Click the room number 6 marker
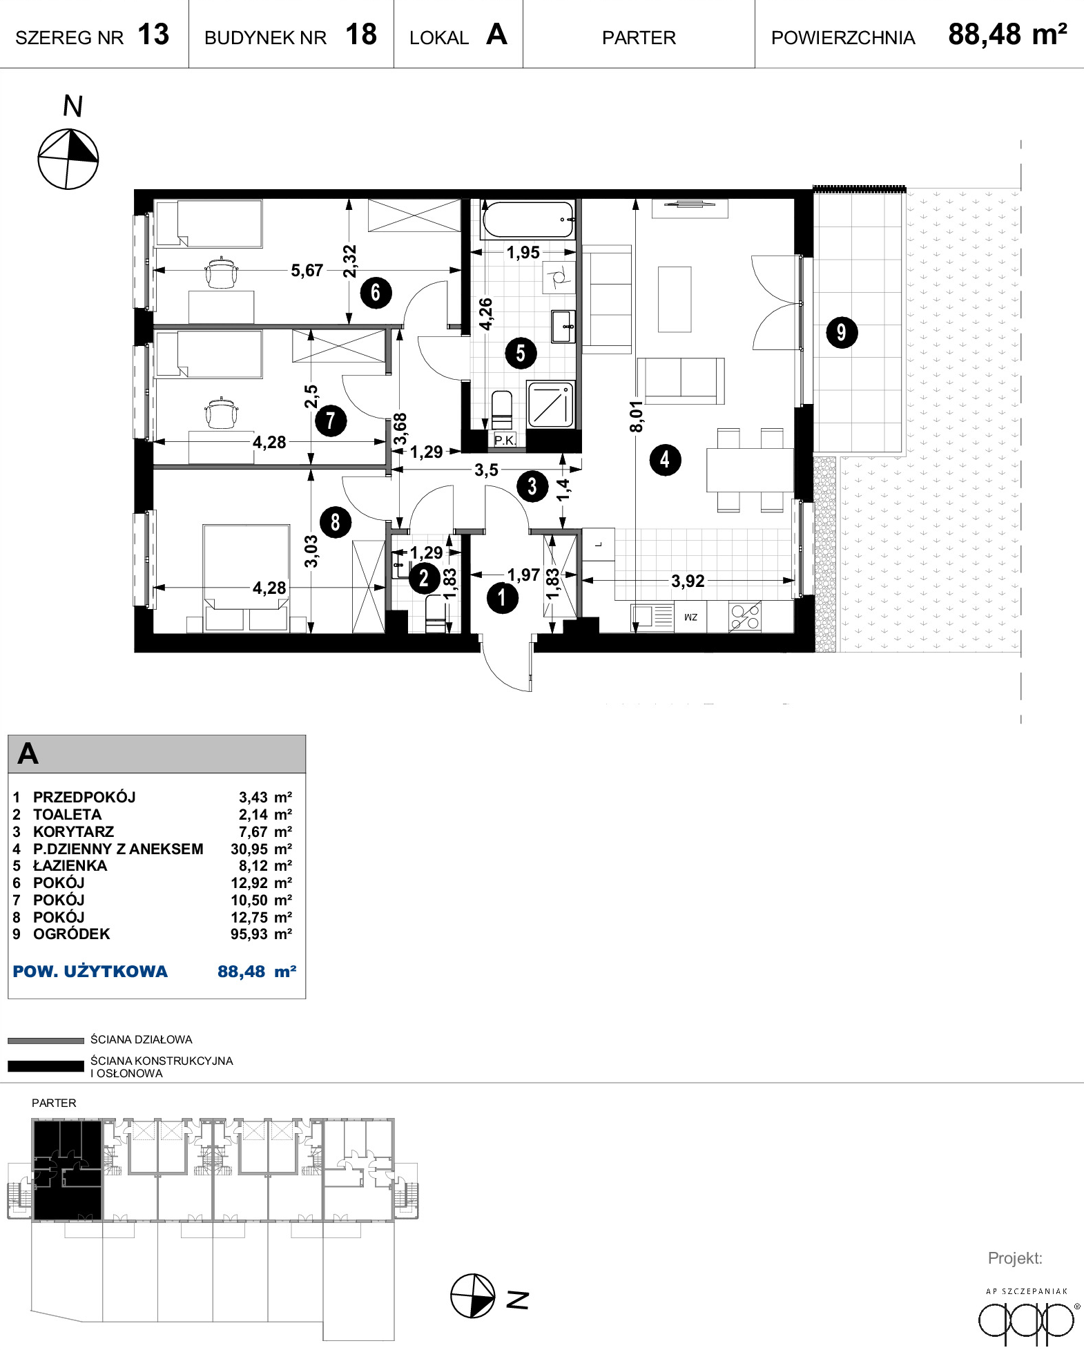tap(376, 292)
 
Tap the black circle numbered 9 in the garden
tap(842, 332)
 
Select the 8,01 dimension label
tap(636, 416)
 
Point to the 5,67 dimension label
tap(307, 270)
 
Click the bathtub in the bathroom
tap(528, 219)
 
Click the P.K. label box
tap(505, 440)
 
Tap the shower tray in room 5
tap(550, 404)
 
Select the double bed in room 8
tap(246, 577)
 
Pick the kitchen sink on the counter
tap(652, 616)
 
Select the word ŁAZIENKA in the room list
tap(70, 866)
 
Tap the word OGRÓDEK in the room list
tap(72, 934)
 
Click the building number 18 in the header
tap(361, 35)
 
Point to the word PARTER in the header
tap(639, 38)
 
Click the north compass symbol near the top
tap(68, 159)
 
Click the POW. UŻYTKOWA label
tap(90, 972)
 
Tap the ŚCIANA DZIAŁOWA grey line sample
tap(46, 1041)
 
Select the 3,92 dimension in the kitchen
tap(688, 581)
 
